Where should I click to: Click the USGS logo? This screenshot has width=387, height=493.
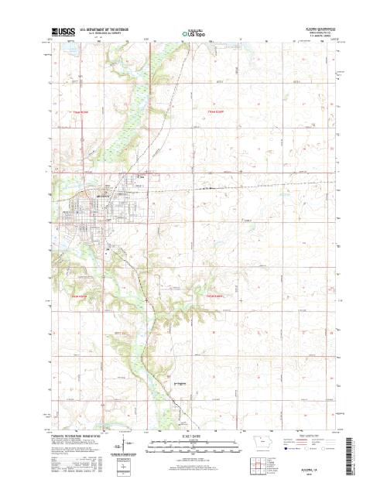(x=60, y=33)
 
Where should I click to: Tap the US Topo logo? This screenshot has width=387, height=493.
(x=193, y=34)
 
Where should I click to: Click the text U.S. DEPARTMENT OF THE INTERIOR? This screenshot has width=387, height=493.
(x=105, y=31)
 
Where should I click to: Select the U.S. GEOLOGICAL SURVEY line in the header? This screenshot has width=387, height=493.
(x=105, y=35)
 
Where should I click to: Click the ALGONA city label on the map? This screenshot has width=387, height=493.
(x=104, y=197)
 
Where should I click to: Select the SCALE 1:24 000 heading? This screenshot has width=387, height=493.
(x=193, y=437)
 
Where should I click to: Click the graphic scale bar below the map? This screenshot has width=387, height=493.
(x=193, y=443)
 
